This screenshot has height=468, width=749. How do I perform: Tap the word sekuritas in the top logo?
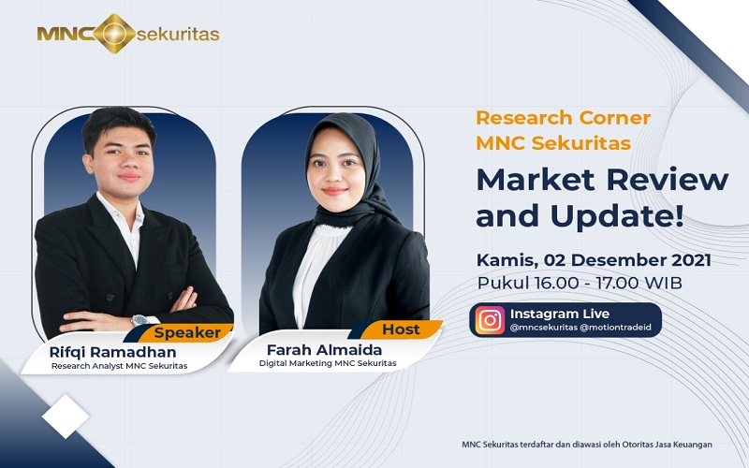(x=178, y=35)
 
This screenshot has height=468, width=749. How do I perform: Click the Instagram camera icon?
(x=490, y=320)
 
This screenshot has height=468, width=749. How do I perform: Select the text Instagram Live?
(x=560, y=313)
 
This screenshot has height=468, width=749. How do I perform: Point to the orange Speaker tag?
(x=187, y=332)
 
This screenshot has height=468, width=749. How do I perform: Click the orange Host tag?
(x=400, y=329)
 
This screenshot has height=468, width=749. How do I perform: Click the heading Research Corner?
(x=563, y=118)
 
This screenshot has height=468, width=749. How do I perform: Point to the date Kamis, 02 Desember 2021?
(x=593, y=259)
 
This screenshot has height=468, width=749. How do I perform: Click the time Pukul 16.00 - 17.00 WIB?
(x=580, y=282)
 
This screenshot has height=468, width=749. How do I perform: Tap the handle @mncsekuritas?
(x=544, y=329)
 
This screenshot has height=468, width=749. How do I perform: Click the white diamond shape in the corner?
(x=66, y=415)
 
